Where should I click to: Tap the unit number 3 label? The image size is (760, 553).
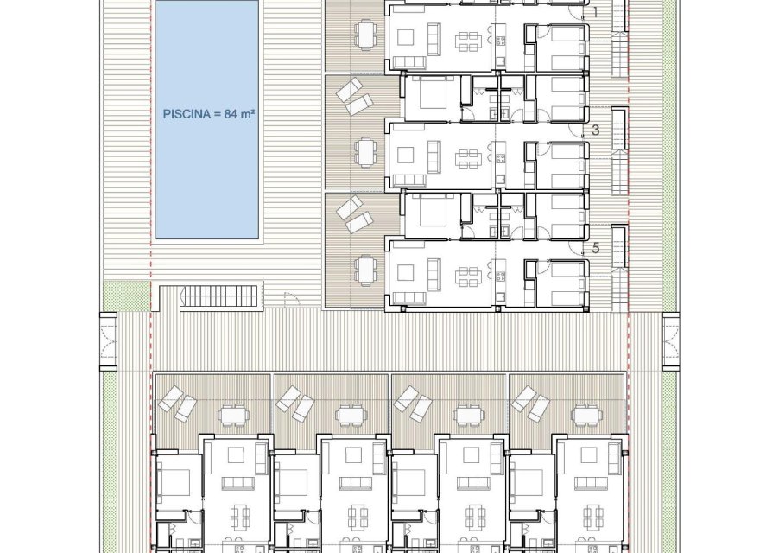coord(595,130)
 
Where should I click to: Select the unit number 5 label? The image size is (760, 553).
coord(595,248)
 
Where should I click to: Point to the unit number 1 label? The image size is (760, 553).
coord(595,12)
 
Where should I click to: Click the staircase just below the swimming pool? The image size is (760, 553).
coord(219,297)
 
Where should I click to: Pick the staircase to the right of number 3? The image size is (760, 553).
coord(618,153)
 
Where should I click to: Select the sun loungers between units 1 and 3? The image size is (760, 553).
coord(354,97)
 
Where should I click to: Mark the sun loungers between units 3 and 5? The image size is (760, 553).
coord(354,213)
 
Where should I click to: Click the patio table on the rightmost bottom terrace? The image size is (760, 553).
coord(586,416)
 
